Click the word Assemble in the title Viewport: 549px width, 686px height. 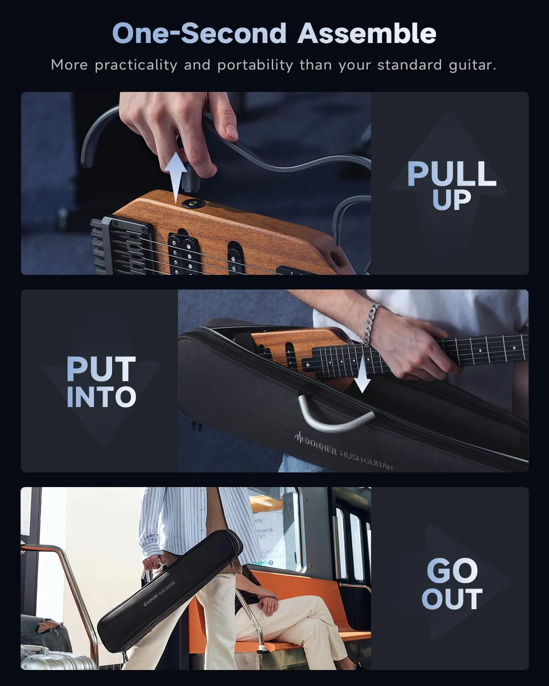point(367,34)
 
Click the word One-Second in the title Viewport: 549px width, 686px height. point(199,34)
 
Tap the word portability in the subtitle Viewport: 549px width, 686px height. point(255,65)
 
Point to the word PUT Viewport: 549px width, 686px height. point(101,370)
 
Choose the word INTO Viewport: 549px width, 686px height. point(101,397)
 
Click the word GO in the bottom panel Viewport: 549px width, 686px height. point(452,571)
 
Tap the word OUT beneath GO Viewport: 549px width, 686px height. point(452,599)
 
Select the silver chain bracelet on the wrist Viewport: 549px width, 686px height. point(372,322)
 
